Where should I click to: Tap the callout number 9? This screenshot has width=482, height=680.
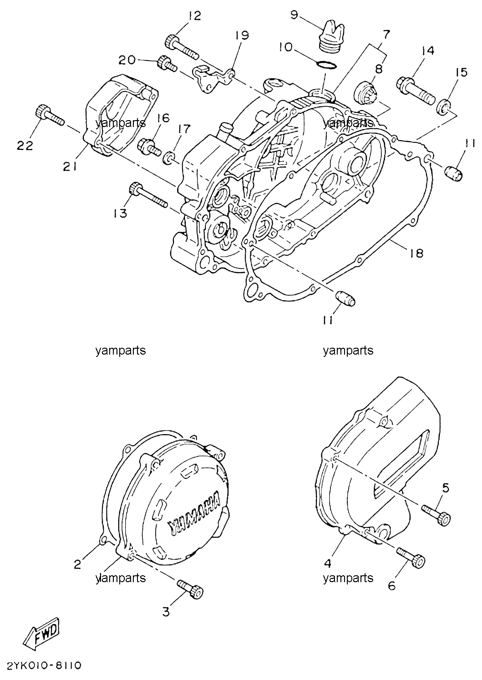coord(294,15)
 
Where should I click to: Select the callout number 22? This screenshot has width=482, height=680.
coord(25,146)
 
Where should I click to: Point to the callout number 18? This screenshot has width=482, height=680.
coord(416,253)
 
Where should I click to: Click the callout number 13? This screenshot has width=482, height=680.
coord(120,214)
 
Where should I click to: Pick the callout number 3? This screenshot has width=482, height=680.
coord(166,612)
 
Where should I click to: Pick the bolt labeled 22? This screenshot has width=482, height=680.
coord(50,115)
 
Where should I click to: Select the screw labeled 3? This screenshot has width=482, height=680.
coord(190,589)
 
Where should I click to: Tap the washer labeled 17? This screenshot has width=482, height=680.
coord(168,158)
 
